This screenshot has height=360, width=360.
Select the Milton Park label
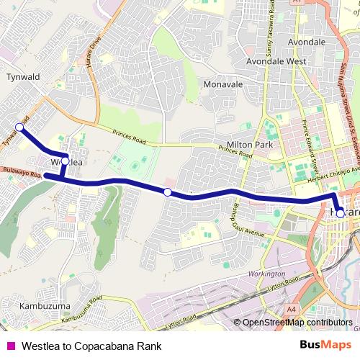tap(250, 144)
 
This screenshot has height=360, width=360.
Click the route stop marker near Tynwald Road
tap(19, 127)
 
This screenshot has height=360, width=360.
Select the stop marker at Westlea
tap(65, 161)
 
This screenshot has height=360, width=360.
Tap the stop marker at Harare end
tap(340, 213)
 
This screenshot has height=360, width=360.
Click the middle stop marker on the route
tap(167, 192)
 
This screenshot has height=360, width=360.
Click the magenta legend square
tap(10, 346)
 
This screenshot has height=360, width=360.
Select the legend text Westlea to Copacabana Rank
tap(91, 346)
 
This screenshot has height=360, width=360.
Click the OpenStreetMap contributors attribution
tap(297, 322)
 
